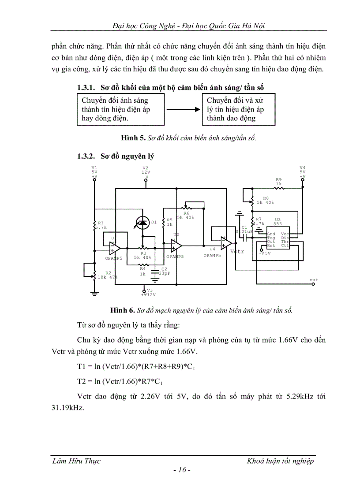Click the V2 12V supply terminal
(x=146, y=178)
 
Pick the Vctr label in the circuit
(x=237, y=252)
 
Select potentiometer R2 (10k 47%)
(x=94, y=275)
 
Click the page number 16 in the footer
(x=181, y=470)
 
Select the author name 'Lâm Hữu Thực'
(x=76, y=461)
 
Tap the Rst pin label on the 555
(x=271, y=246)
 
